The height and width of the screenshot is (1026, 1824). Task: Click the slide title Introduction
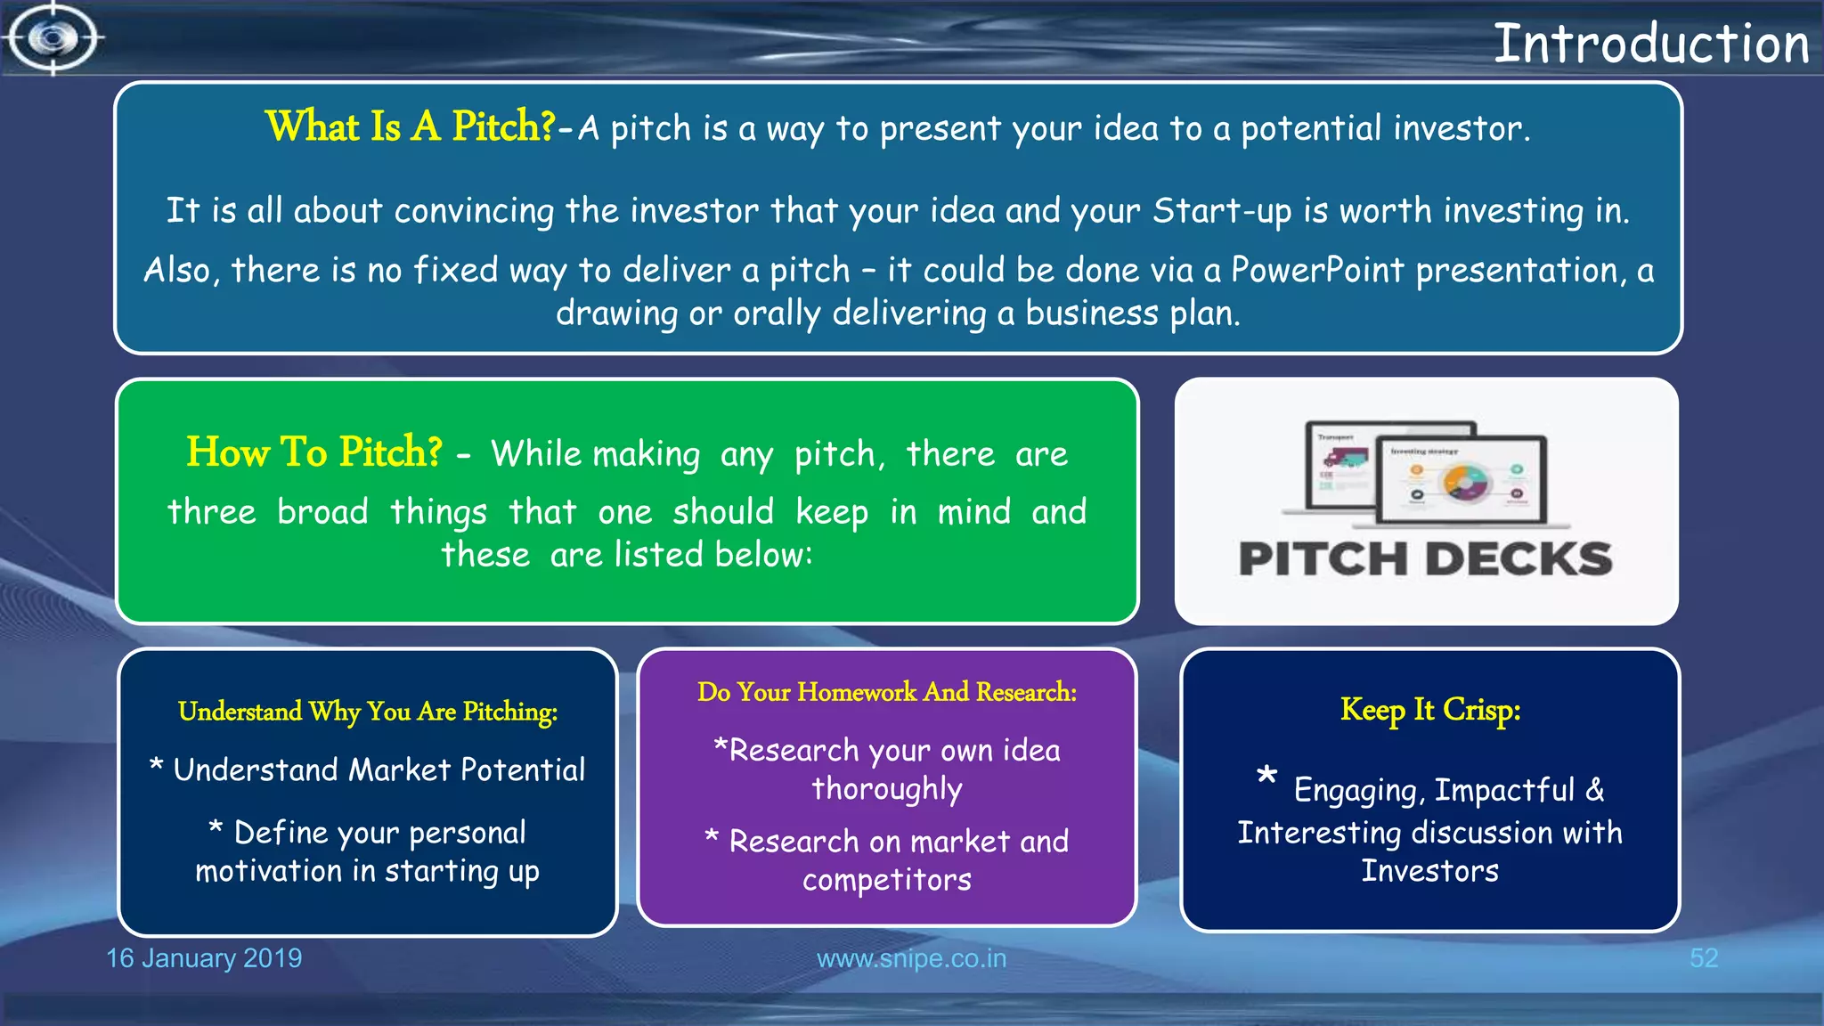pyautogui.click(x=1650, y=44)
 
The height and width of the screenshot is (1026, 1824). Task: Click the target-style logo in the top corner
pyautogui.click(x=53, y=38)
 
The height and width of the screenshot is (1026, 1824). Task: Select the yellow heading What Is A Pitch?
pyautogui.click(x=411, y=126)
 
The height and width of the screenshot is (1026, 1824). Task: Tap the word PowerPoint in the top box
pyautogui.click(x=1317, y=270)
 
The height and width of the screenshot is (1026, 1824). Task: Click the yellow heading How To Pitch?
pyautogui.click(x=313, y=452)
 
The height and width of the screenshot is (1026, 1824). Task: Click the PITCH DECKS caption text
pyautogui.click(x=1425, y=559)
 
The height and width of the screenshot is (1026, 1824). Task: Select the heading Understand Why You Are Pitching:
pyautogui.click(x=368, y=712)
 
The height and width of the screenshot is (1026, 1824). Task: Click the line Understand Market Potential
pyautogui.click(x=379, y=769)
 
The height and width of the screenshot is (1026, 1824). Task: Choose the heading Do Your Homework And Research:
pyautogui.click(x=887, y=692)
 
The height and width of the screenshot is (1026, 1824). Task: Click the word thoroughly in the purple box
pyautogui.click(x=887, y=789)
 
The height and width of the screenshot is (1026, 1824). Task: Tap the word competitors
pyautogui.click(x=887, y=880)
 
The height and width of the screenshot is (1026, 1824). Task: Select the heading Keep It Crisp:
pyautogui.click(x=1430, y=710)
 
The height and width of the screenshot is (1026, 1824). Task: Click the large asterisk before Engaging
pyautogui.click(x=1266, y=776)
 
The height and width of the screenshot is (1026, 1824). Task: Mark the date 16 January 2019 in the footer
pyautogui.click(x=204, y=958)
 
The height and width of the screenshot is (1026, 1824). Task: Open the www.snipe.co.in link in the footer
pyautogui.click(x=911, y=958)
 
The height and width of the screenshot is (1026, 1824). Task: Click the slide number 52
pyautogui.click(x=1703, y=958)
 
